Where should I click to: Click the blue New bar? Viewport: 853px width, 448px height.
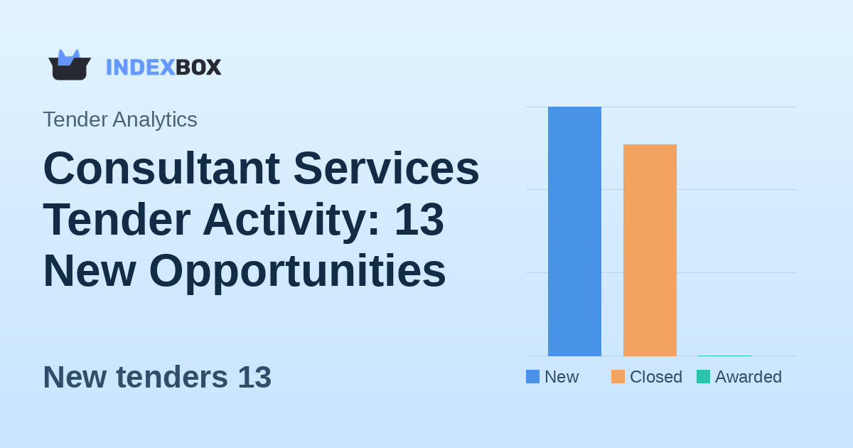574,231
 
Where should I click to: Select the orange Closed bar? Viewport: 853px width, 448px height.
650,250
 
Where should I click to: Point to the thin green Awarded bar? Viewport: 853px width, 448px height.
724,356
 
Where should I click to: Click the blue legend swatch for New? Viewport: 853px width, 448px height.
532,377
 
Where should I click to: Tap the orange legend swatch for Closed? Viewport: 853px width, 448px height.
618,377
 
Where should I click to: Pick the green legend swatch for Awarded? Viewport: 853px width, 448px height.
703,377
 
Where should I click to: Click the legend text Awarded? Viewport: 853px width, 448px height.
748,377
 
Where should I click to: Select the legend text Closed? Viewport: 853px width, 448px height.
655,377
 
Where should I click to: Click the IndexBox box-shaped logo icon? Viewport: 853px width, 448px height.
70,65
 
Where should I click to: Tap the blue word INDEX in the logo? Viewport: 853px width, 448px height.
140,68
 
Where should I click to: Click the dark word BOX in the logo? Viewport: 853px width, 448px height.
198,68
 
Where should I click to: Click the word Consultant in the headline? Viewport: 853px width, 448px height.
161,169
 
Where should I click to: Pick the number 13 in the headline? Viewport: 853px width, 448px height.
419,220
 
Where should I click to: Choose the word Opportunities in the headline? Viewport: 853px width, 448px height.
297,271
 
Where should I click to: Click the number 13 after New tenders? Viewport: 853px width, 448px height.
254,378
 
